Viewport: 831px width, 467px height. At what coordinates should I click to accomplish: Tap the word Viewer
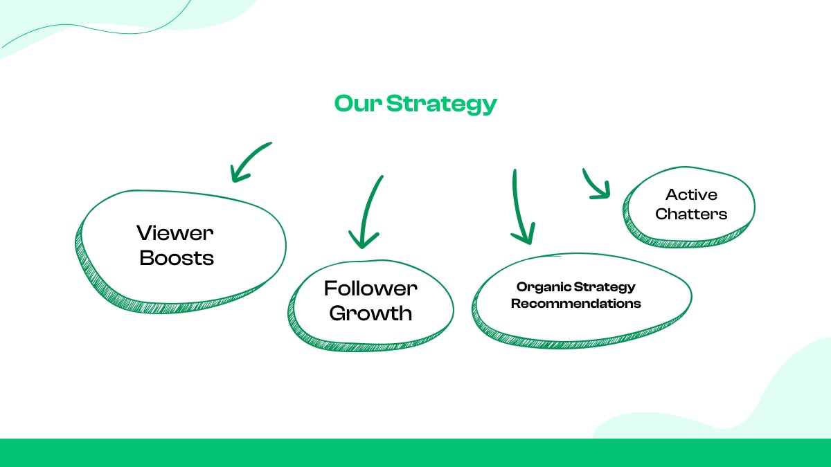(175, 232)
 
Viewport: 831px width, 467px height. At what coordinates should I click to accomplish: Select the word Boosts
(177, 258)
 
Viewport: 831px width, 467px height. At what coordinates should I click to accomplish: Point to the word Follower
(370, 288)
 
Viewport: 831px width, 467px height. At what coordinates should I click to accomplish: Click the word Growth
(370, 313)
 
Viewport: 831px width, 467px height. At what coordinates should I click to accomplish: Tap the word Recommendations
(576, 304)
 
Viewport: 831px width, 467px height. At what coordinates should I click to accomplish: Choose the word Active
(691, 194)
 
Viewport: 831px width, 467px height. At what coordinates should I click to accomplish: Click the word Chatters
(691, 214)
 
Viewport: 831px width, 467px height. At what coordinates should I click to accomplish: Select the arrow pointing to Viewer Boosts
(251, 160)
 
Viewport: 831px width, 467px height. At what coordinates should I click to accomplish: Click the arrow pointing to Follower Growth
(370, 208)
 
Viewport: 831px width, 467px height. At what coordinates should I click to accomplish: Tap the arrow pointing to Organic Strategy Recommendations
(517, 204)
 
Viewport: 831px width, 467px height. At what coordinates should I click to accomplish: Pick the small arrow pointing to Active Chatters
(594, 183)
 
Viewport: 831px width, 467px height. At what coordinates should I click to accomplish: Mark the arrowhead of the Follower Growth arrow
(364, 239)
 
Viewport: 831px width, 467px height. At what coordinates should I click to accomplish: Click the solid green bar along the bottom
(415, 452)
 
